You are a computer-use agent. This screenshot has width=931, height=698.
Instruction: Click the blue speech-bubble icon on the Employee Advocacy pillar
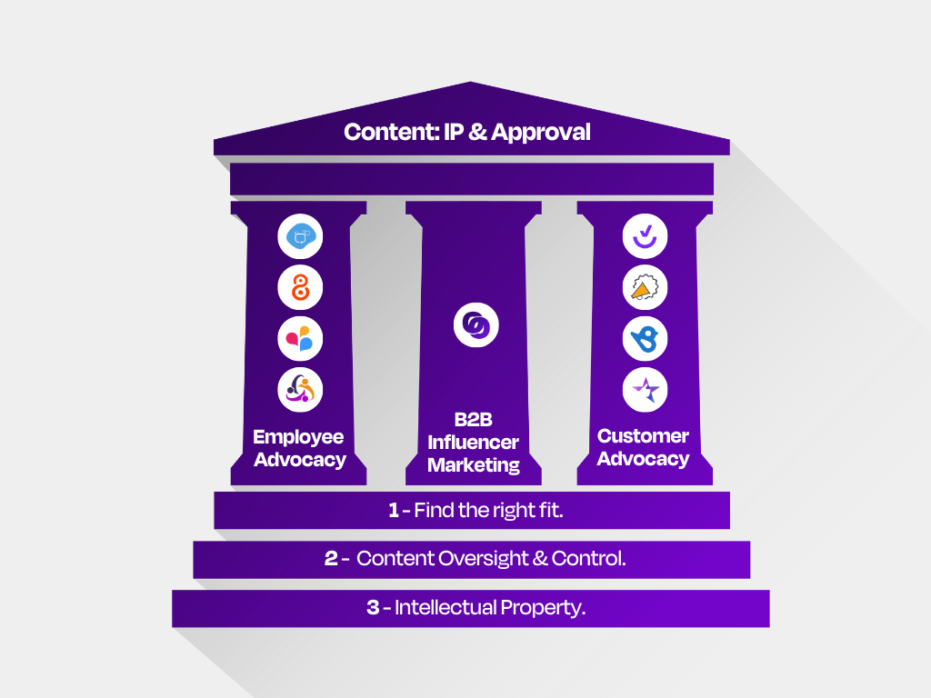(x=300, y=236)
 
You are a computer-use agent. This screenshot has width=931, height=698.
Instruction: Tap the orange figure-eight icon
(x=300, y=287)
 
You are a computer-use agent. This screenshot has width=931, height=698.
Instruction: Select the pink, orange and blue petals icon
(x=300, y=339)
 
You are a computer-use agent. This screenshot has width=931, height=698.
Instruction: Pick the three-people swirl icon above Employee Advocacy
(x=300, y=390)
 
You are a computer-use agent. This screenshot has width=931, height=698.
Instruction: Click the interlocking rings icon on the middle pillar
(x=476, y=324)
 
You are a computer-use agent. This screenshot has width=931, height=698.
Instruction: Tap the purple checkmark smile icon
(x=645, y=236)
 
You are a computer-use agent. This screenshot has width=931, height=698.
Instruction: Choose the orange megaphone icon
(x=645, y=287)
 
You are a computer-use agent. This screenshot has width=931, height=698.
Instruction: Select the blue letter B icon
(x=645, y=339)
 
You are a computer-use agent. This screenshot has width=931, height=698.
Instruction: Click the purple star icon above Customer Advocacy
(x=645, y=390)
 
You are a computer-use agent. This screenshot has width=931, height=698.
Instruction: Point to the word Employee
(x=298, y=437)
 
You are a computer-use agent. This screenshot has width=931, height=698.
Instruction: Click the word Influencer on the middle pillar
(x=473, y=443)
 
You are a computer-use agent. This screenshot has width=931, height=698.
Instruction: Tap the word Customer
(x=643, y=435)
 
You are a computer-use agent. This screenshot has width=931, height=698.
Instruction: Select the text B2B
(x=473, y=420)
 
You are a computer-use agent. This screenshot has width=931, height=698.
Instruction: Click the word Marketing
(x=474, y=465)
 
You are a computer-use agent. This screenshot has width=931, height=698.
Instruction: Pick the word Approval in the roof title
(x=541, y=133)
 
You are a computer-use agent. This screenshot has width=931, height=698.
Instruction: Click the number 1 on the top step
(x=393, y=511)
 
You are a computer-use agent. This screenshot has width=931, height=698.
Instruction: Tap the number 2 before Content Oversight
(x=331, y=559)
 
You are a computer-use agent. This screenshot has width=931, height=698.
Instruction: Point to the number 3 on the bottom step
(x=373, y=607)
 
